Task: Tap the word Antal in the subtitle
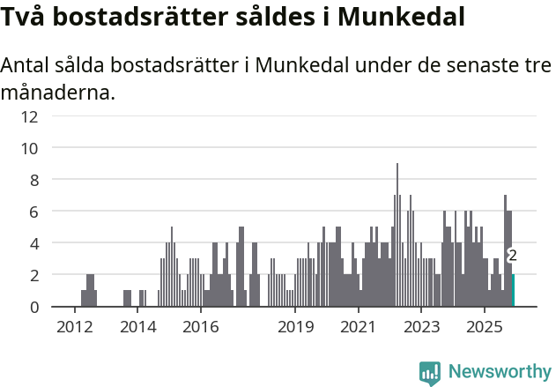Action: (26, 66)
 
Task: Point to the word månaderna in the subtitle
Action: (57, 92)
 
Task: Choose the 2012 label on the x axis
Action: (75, 327)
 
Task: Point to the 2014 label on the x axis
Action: (137, 327)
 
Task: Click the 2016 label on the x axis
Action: (200, 327)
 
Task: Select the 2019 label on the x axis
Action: (295, 327)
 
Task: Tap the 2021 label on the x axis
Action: (358, 327)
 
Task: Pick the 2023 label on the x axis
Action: (421, 327)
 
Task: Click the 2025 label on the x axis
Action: (484, 327)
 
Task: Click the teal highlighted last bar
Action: (514, 291)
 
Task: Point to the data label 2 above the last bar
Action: (513, 256)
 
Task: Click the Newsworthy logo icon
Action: (430, 373)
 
